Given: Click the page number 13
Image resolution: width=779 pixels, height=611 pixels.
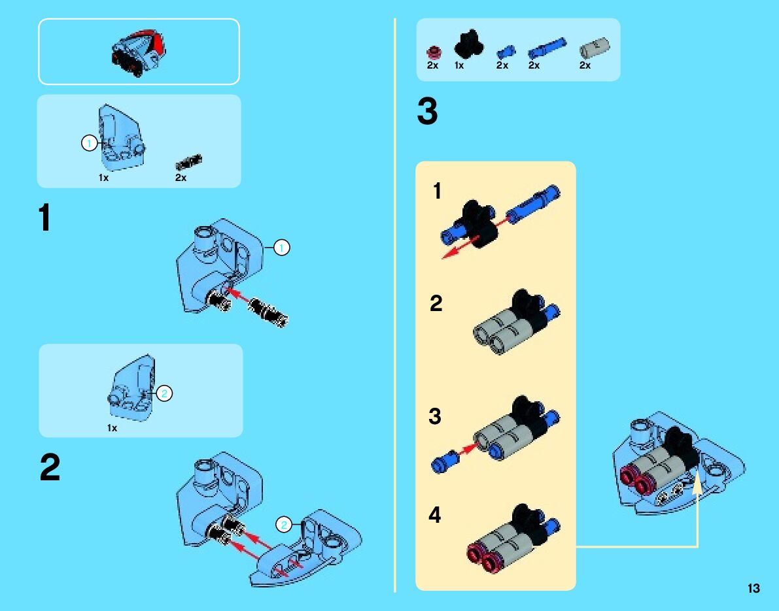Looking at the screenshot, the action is tap(753, 588).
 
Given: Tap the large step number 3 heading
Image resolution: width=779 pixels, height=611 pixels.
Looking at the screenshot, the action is tap(427, 112).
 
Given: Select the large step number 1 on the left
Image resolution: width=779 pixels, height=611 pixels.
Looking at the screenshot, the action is tap(44, 218).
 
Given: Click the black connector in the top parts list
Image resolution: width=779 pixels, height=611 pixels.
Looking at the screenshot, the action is tap(467, 44).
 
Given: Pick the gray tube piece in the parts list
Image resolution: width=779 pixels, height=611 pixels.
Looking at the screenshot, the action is tap(595, 47).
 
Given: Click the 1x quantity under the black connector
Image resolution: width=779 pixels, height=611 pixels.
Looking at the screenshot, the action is tap(459, 65).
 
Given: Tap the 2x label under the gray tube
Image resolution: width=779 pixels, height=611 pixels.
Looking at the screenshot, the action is tap(585, 65).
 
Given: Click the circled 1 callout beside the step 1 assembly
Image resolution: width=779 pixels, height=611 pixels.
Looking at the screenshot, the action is tap(281, 248).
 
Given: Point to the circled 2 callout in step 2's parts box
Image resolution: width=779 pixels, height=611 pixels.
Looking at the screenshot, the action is tap(164, 393).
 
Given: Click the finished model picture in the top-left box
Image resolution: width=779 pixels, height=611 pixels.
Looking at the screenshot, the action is tap(139, 52).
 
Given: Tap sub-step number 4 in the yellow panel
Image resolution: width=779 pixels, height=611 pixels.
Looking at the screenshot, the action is tap(435, 516).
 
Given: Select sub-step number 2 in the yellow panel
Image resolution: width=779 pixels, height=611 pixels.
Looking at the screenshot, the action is tap(436, 304).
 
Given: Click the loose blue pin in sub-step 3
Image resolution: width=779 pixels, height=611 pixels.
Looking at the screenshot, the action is tap(445, 460).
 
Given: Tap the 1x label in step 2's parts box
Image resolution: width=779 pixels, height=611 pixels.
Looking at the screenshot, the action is tap(112, 428).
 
